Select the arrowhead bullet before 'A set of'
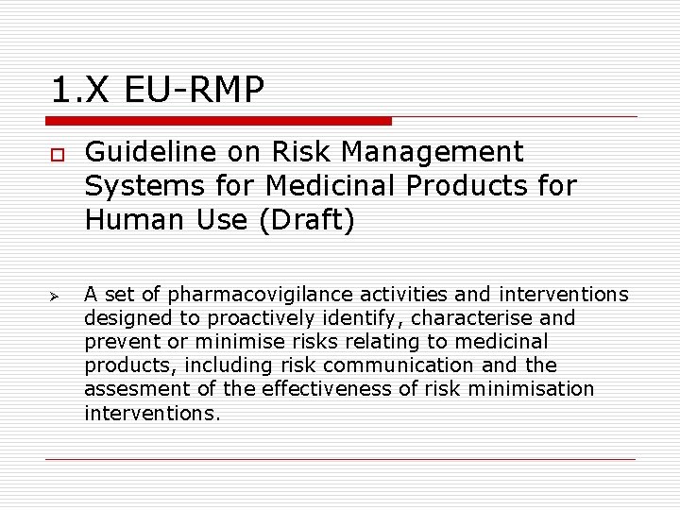pyautogui.click(x=56, y=296)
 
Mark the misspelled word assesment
pyautogui.click(x=129, y=389)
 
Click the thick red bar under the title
pyautogui.click(x=218, y=121)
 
